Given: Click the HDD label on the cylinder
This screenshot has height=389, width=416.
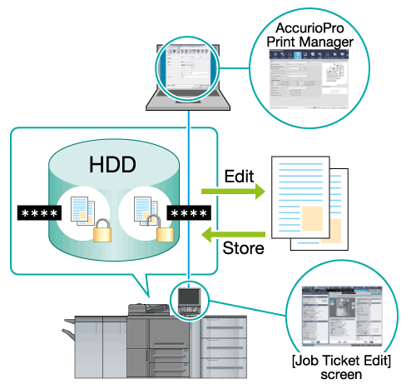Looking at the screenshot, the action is pos(112,164).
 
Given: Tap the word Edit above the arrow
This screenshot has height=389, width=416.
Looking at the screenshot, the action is pos(239,176).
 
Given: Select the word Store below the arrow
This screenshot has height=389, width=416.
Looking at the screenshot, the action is pos(243,248).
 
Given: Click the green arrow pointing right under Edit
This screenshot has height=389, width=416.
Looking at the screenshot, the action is pos(233,192).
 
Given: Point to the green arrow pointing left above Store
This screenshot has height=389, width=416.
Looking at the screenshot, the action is pos(233,235).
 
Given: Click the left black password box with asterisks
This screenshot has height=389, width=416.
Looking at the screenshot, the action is pos(39,213).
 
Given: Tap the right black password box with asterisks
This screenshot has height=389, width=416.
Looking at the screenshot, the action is pos(189,213).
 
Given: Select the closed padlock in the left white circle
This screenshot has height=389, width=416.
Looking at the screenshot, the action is pos(102,231).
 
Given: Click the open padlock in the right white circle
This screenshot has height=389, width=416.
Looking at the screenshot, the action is pos(164,228).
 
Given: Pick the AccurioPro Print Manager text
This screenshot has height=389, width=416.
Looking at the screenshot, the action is pos(310,35).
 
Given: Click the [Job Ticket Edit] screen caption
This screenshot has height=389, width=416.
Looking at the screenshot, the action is pos(341,367).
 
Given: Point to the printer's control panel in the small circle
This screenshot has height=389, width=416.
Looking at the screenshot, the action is pos(190,302).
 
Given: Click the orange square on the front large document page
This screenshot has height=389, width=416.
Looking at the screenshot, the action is pos(312,218).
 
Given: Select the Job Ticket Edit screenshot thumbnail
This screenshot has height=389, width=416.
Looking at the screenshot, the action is pos(342,317).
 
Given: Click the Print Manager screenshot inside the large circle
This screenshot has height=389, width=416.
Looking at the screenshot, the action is pos(309,79).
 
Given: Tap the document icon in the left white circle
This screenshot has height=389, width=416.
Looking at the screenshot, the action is pos(82,211).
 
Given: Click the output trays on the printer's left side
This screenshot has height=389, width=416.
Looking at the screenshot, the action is pos(68,327).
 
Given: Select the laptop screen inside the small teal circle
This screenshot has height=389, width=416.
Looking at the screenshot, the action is pos(188,67).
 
